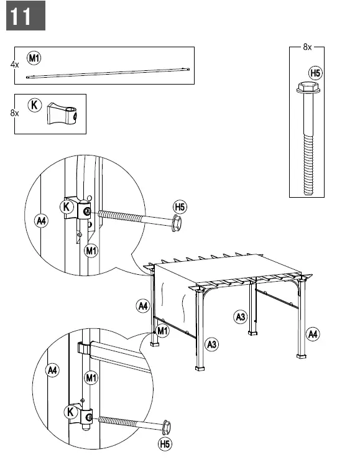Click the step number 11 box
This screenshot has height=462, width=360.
(25, 16)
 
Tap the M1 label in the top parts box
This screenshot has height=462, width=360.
(34, 58)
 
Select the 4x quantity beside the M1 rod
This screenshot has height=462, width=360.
(14, 64)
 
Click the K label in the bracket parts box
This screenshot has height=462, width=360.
(34, 105)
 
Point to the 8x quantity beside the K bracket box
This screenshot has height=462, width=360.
(14, 113)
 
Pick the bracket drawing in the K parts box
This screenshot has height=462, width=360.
(62, 113)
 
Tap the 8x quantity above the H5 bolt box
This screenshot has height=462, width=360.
(307, 47)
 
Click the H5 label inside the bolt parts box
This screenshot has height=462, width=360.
(315, 73)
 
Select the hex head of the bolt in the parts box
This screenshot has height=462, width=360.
(309, 88)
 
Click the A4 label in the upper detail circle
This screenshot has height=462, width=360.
(41, 221)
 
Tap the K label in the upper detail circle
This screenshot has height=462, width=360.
(67, 206)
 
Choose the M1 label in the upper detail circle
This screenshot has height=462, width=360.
(91, 251)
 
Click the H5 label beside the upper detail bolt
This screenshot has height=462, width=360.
(180, 207)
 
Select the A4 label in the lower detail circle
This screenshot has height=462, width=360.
(52, 371)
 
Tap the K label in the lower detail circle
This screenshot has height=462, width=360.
(71, 412)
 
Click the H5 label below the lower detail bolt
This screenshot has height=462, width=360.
(165, 444)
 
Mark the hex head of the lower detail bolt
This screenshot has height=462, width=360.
(167, 428)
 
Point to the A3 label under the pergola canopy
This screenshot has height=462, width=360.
(241, 317)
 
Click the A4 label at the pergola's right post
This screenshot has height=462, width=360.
(313, 335)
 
